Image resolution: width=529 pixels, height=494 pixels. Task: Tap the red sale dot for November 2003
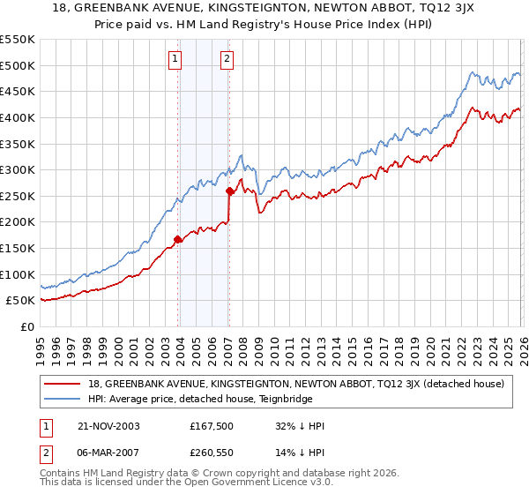point(178,238)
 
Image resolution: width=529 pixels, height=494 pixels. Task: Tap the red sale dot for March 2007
point(229,190)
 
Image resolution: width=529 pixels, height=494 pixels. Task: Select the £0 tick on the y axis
point(26,327)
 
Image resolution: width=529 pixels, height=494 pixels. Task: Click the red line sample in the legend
point(64,384)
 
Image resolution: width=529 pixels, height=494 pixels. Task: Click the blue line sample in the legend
point(64,398)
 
